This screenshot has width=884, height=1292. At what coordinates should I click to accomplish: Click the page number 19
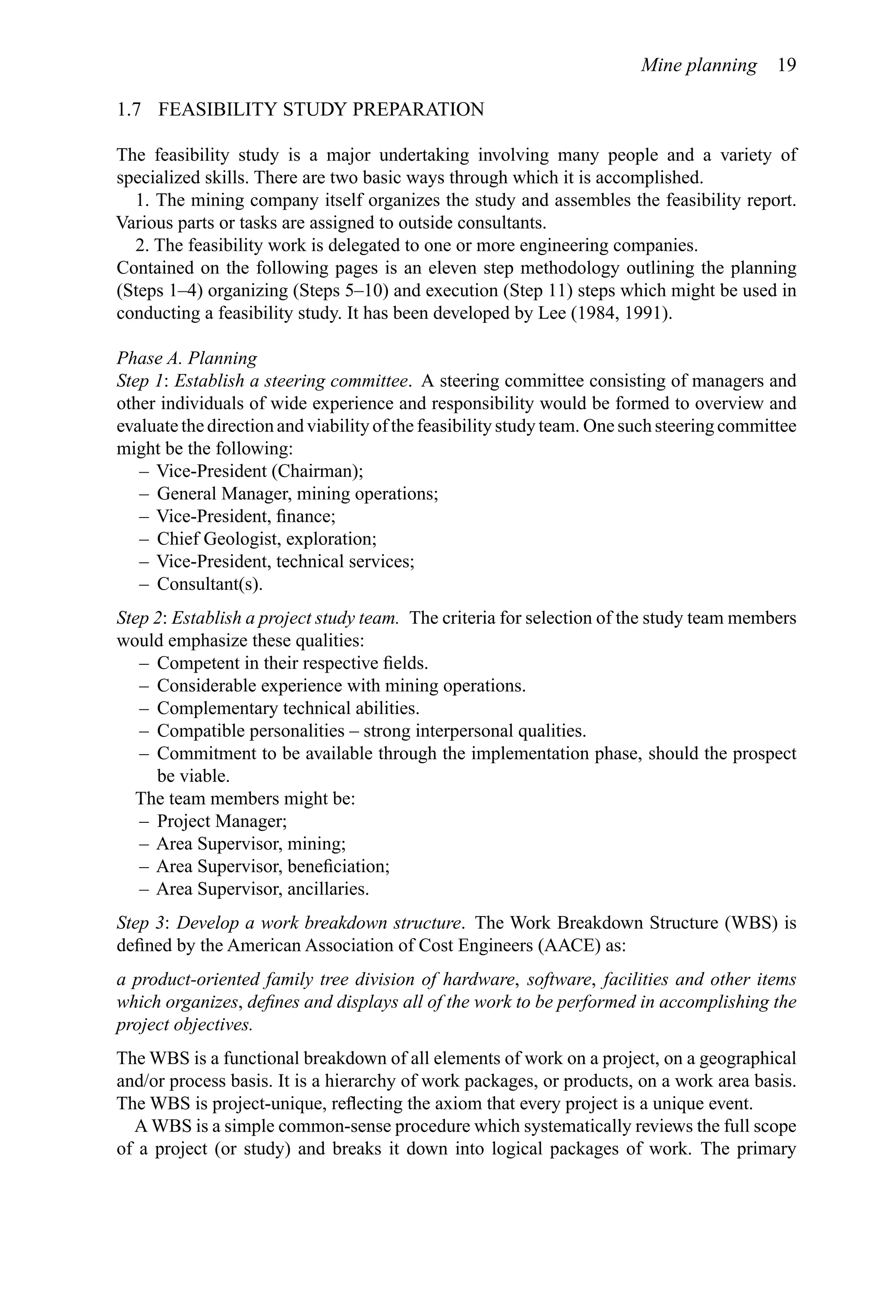786,66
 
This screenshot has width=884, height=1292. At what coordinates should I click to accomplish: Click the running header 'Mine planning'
698,66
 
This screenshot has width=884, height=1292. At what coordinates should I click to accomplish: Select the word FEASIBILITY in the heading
217,110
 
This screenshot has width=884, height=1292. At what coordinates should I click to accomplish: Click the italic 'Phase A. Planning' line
187,358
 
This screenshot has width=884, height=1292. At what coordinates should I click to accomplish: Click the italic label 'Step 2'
140,618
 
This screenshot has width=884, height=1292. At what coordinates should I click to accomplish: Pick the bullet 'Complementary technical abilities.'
288,709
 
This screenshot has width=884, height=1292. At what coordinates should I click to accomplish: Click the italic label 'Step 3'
141,923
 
